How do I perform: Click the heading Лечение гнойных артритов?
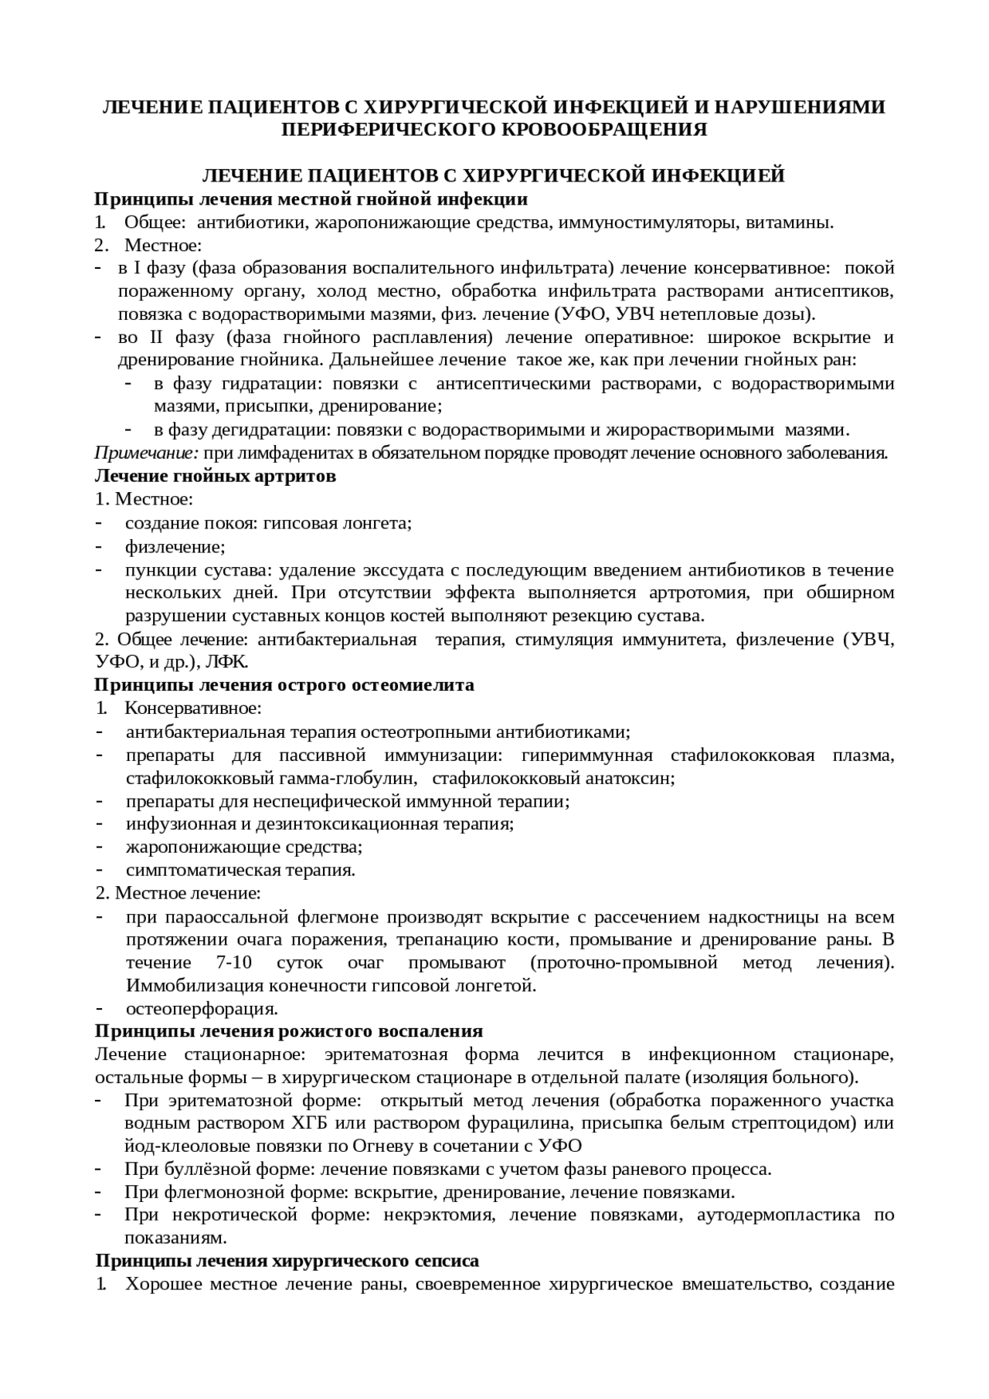pos(215,476)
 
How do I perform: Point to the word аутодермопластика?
pos(778,1215)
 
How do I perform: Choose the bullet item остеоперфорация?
pos(202,1009)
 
